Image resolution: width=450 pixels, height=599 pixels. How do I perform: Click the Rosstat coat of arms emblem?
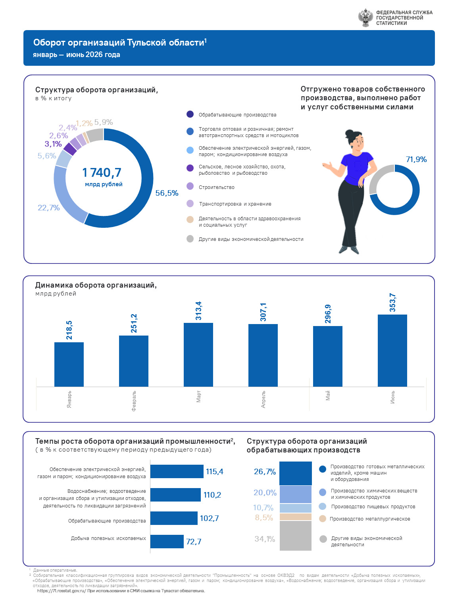click(365, 17)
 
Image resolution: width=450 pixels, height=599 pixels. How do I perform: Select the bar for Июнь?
click(392, 350)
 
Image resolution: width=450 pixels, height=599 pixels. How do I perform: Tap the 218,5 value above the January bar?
click(69, 330)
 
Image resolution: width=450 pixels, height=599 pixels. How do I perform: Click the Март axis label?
click(198, 396)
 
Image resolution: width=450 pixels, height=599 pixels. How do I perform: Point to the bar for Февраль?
click(134, 361)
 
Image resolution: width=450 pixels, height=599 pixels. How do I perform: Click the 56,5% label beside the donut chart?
click(167, 193)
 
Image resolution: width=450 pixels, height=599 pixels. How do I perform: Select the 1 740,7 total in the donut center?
click(102, 172)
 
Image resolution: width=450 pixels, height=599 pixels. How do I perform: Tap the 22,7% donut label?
click(49, 208)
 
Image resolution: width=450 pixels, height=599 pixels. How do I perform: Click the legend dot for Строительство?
click(190, 186)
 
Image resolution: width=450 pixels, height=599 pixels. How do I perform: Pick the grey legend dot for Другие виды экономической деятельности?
click(190, 239)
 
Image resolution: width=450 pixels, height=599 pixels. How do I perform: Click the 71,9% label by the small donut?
click(416, 159)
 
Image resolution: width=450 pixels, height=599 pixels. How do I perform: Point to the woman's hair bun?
click(349, 134)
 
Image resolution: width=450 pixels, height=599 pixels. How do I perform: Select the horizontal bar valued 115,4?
click(177, 471)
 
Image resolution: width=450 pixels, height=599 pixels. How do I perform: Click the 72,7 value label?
click(193, 542)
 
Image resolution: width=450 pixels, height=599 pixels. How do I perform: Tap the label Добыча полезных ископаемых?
click(108, 538)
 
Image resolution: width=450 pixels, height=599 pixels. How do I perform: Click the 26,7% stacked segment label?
click(264, 471)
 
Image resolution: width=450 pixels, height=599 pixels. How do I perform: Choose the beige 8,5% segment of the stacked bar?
click(295, 517)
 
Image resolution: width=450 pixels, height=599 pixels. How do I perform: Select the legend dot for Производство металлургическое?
click(322, 519)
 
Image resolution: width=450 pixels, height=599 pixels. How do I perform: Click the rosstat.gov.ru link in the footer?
click(62, 591)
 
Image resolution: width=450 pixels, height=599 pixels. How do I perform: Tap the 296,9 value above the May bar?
click(328, 314)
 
